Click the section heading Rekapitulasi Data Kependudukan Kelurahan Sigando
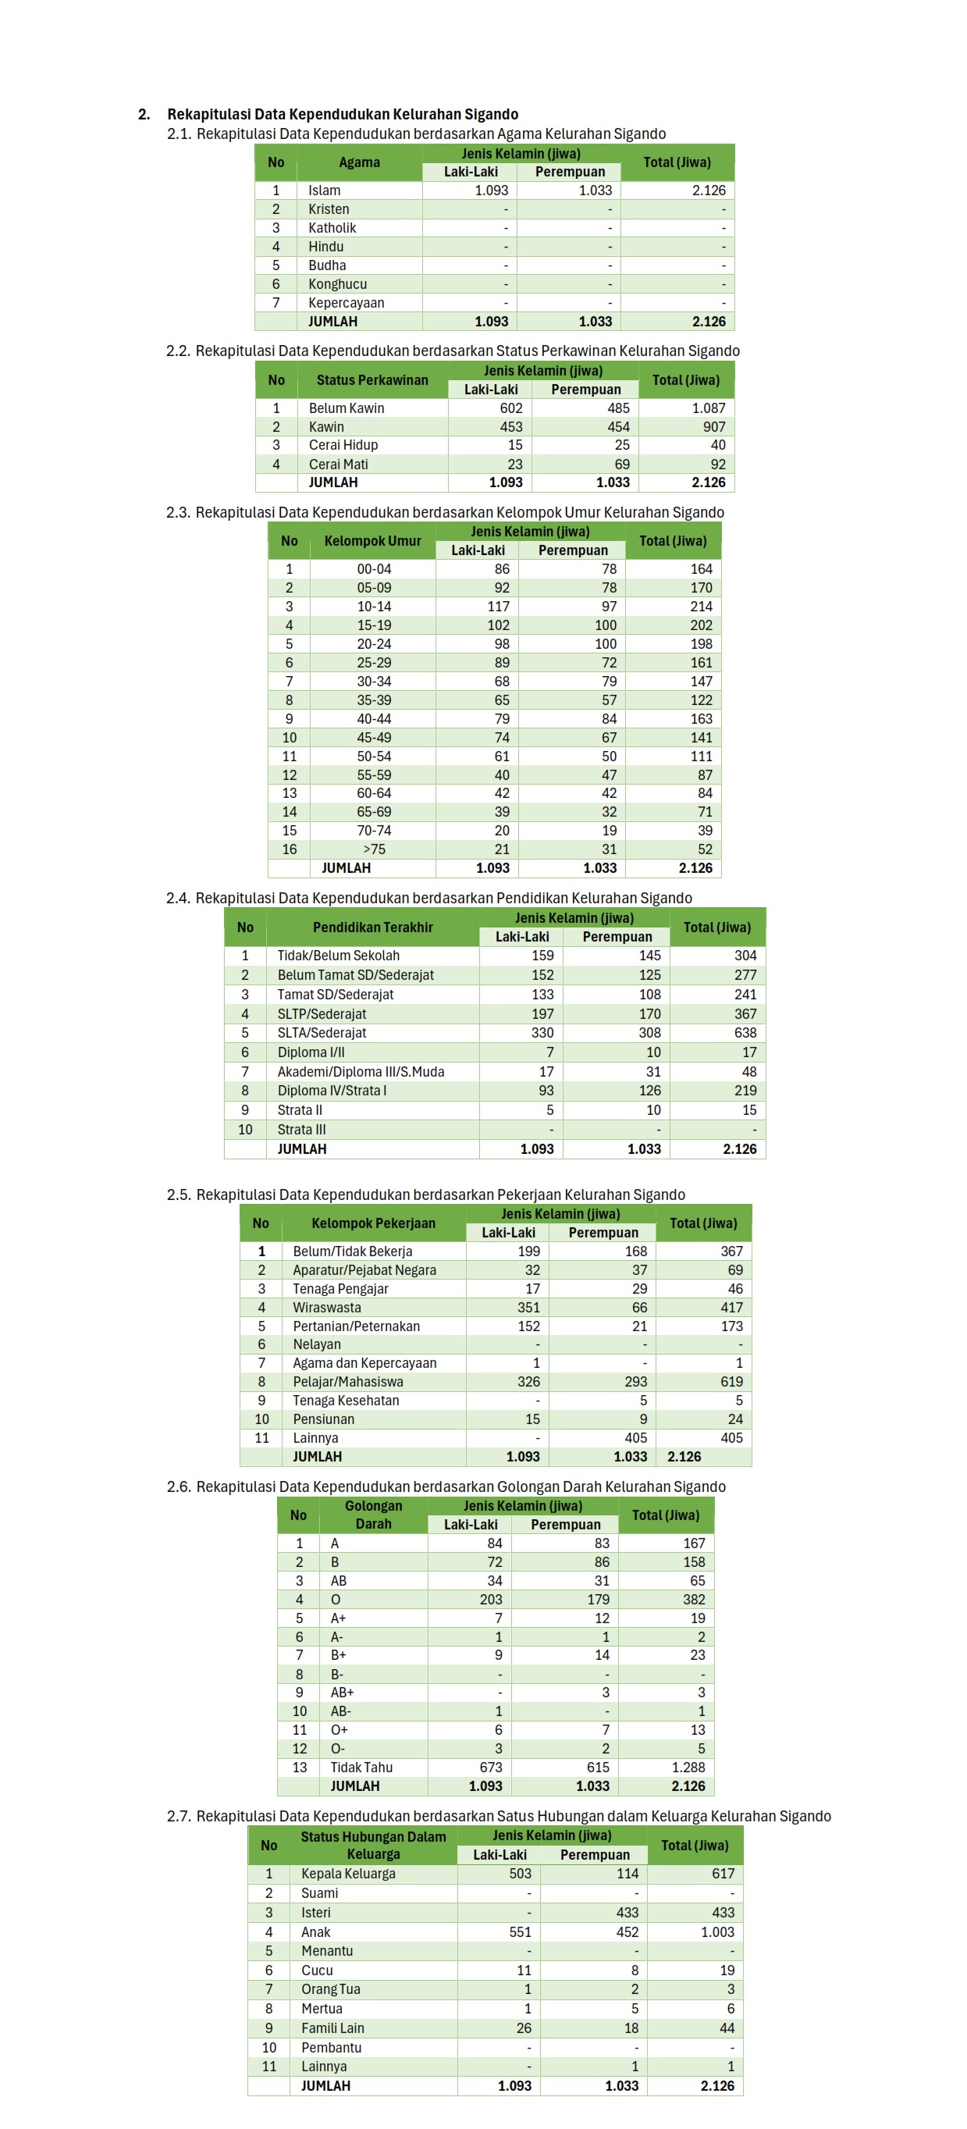(342, 114)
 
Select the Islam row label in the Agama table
(324, 190)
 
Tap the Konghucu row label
(337, 283)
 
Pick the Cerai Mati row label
(338, 464)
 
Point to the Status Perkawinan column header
(372, 380)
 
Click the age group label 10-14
(374, 606)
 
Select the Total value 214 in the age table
(701, 606)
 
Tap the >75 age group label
(374, 849)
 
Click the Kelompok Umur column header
(372, 540)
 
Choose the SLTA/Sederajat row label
(322, 1032)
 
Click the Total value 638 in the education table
(745, 1032)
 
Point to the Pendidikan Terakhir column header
(372, 927)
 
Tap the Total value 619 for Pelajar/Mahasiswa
(731, 1381)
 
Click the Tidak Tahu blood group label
(361, 1767)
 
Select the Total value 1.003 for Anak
(716, 1931)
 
